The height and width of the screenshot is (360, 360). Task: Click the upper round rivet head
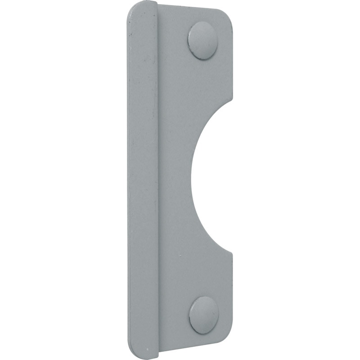[x=202, y=40]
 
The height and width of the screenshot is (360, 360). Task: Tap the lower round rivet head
[x=204, y=315]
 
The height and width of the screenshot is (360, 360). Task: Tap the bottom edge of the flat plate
[x=193, y=350]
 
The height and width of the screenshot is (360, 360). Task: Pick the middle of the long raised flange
[x=143, y=180]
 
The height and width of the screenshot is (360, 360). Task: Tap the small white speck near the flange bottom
[x=148, y=348]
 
